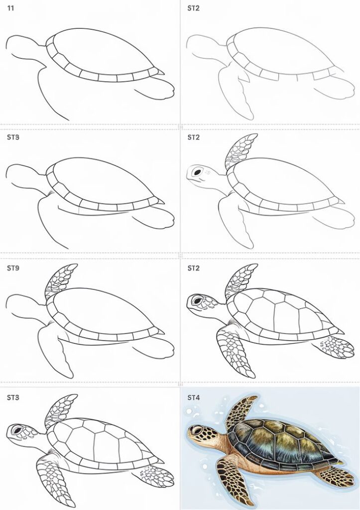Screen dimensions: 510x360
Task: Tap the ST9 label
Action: [x=13, y=268]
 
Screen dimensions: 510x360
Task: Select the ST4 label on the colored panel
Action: [x=194, y=397]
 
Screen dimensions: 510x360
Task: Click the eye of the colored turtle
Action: [x=197, y=430]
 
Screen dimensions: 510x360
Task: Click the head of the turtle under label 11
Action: [x=20, y=48]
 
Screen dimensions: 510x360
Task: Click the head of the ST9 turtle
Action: [x=20, y=307]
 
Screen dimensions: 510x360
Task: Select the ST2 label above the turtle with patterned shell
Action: [x=194, y=268]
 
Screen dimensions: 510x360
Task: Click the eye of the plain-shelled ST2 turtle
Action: [x=198, y=172]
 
